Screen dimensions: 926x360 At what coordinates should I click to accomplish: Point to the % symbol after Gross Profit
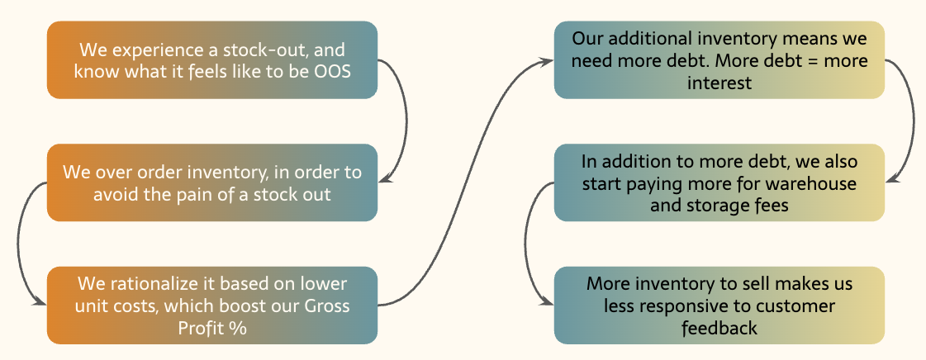coord(240,328)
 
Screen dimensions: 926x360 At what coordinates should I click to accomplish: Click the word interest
coord(719,83)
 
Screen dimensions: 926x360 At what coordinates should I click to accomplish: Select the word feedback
coord(719,328)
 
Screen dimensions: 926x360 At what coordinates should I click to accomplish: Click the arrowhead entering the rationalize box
coord(41,302)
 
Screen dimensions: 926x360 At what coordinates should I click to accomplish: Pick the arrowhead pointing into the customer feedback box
coord(548,302)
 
